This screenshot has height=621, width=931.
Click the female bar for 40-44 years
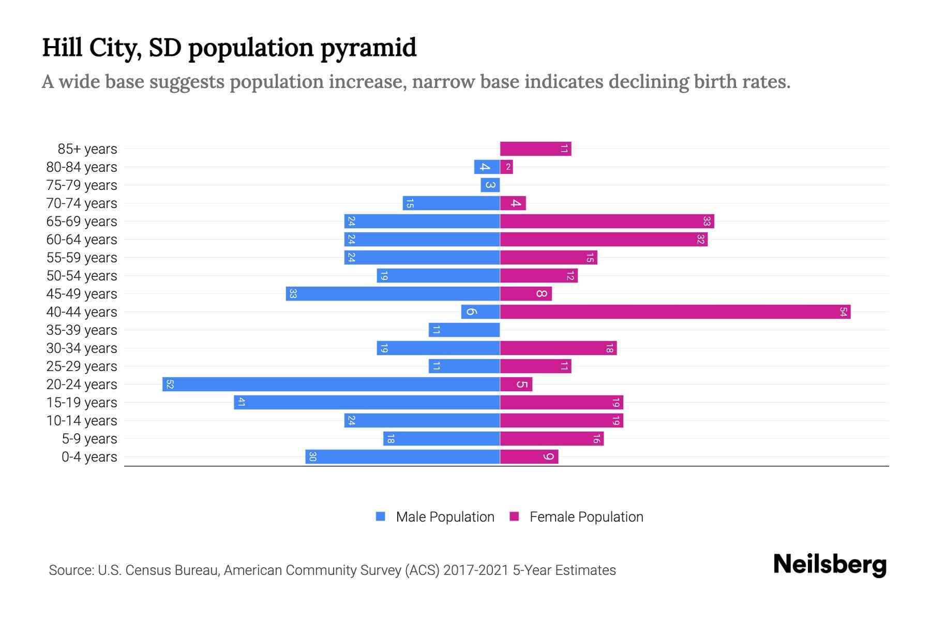[x=675, y=312]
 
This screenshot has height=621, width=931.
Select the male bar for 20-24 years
[x=331, y=385]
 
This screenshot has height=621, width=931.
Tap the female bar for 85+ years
[x=535, y=149]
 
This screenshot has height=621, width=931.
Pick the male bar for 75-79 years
[x=490, y=185]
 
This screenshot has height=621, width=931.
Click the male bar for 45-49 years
[x=393, y=294]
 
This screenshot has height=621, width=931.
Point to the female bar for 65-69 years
[x=607, y=221]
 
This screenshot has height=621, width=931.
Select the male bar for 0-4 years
[x=402, y=457]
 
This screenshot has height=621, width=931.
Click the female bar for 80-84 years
[x=506, y=167]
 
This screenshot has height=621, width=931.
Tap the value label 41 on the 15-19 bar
[x=241, y=403]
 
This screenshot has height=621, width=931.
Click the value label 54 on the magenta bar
[x=843, y=312]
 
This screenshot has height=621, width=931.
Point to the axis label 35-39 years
[x=82, y=330]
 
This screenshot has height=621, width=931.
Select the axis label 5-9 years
[x=89, y=439]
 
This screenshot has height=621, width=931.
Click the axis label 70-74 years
[x=82, y=203]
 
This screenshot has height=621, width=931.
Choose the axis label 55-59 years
[x=82, y=258]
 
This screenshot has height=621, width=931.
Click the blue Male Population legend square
[x=381, y=516]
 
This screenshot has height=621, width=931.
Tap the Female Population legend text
[x=586, y=517]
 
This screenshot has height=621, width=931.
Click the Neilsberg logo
[x=830, y=565]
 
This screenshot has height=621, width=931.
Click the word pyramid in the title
[x=368, y=48]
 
